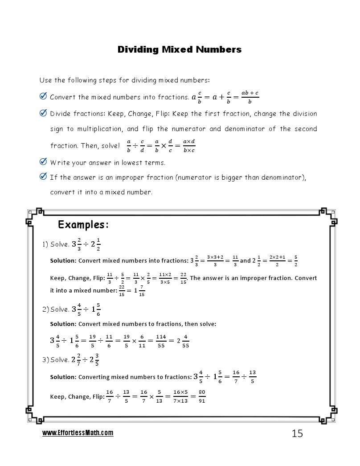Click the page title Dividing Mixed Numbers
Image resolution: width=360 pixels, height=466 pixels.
pyautogui.click(x=180, y=49)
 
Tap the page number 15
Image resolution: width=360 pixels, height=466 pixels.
pyautogui.click(x=297, y=433)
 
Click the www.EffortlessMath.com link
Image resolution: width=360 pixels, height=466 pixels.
pyautogui.click(x=78, y=433)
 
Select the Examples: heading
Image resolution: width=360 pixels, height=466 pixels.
pyautogui.click(x=83, y=224)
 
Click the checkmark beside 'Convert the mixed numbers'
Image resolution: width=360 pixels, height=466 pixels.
pyautogui.click(x=43, y=96)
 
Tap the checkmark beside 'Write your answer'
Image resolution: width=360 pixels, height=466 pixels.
pyautogui.click(x=43, y=162)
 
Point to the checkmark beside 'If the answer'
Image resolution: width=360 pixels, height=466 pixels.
pyautogui.click(x=43, y=177)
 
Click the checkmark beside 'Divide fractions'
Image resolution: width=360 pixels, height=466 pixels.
pyautogui.click(x=43, y=113)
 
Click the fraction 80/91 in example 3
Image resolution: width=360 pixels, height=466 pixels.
pyautogui.click(x=202, y=396)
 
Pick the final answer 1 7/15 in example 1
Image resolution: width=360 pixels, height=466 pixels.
pyautogui.click(x=139, y=291)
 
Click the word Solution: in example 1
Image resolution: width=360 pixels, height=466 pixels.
pyautogui.click(x=63, y=260)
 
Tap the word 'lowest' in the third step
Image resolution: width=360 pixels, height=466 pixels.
pyautogui.click(x=135, y=162)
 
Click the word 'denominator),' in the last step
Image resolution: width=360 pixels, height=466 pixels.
pyautogui.click(x=283, y=177)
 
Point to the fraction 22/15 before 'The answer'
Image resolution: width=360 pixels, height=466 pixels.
pyautogui.click(x=183, y=278)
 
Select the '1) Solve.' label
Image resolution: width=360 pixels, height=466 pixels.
pyautogui.click(x=56, y=244)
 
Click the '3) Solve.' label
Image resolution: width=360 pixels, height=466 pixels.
pyautogui.click(x=56, y=360)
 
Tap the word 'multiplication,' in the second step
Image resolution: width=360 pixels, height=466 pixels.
pyautogui.click(x=100, y=129)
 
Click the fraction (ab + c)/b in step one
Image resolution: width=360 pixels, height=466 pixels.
pyautogui.click(x=250, y=97)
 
